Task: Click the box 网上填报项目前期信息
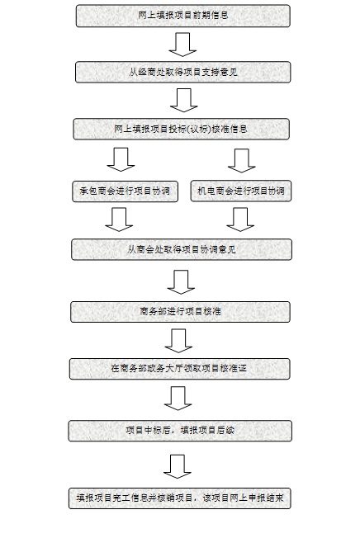coord(183,16)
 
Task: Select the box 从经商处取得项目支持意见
coord(183,72)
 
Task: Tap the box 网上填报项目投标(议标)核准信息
coord(182,129)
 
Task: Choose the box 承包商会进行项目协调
coord(126,191)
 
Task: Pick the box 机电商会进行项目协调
coord(241,191)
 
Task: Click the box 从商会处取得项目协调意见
coord(182,249)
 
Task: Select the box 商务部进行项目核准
coord(181,312)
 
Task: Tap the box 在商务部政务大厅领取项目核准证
coord(179,369)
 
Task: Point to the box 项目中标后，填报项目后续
coord(180,431)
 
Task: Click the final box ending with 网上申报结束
coord(180,498)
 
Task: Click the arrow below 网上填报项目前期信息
coord(182,45)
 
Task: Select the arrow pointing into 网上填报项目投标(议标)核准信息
coord(184,100)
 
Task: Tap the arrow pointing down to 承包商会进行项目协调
coord(121,159)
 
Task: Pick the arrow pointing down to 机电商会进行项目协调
coord(242,161)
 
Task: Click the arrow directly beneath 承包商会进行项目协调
coord(119,219)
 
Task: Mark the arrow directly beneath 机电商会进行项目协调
coord(240,219)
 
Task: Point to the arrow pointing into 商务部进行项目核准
coord(181,282)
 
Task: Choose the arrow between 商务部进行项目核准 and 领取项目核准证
coord(178,341)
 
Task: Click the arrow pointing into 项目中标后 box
coord(178,399)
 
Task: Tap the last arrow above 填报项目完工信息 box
coord(178,466)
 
